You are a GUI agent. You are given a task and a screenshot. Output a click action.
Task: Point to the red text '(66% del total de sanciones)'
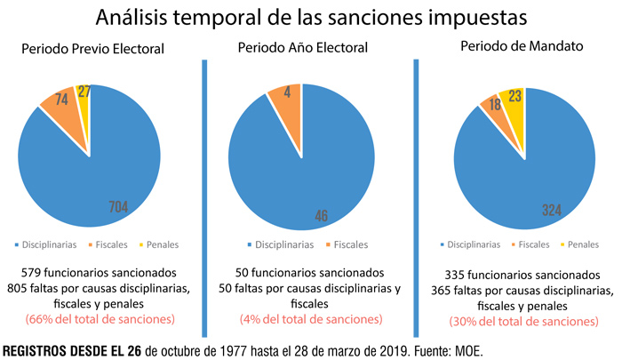[x=98, y=318]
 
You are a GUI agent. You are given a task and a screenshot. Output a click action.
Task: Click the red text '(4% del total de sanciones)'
[x=309, y=318]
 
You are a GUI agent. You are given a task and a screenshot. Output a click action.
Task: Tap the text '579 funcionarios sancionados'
[x=98, y=272]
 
